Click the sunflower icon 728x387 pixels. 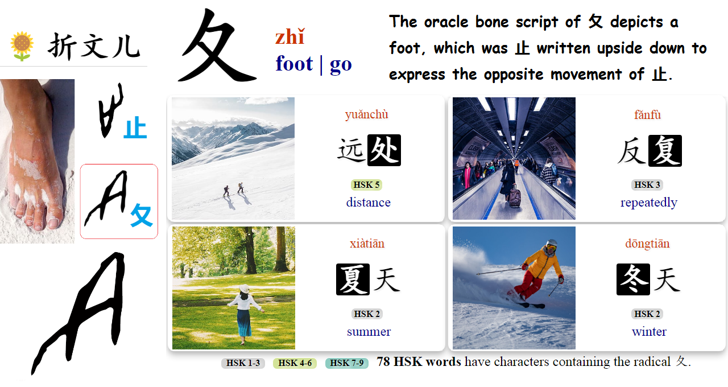(22, 46)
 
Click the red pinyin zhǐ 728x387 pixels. (289, 38)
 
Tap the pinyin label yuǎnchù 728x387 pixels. (366, 115)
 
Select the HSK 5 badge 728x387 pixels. (366, 185)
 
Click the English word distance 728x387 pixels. (368, 203)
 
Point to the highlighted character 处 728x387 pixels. (384, 150)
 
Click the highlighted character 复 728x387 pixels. (664, 151)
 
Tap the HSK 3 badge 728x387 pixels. (647, 185)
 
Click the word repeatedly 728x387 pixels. (648, 203)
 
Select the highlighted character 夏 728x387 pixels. (353, 279)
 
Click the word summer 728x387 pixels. (369, 332)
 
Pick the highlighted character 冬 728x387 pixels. (633, 279)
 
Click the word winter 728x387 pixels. (649, 332)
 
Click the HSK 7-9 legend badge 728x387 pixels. (347, 363)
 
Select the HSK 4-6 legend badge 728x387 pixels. (295, 363)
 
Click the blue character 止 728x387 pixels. (135, 128)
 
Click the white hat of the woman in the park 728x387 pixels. (245, 289)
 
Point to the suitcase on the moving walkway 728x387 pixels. (514, 196)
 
